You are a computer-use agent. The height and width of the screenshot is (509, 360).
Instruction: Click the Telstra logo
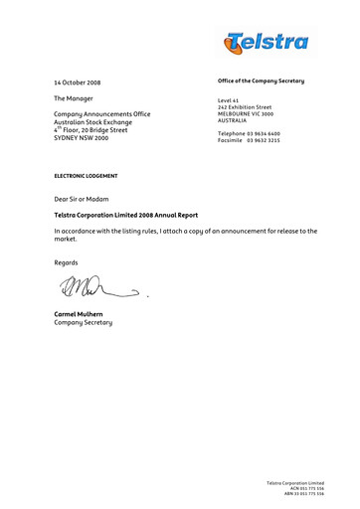[x=266, y=42]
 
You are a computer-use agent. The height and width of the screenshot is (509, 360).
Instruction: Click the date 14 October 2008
[x=77, y=83]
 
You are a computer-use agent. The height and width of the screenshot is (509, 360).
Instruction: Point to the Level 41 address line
[x=228, y=100]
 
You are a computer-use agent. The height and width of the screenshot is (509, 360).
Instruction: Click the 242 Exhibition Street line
[x=244, y=107]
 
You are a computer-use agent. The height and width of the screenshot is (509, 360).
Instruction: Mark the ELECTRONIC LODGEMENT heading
[x=86, y=176]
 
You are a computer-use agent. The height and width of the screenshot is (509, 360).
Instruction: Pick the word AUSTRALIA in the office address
[x=233, y=121]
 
